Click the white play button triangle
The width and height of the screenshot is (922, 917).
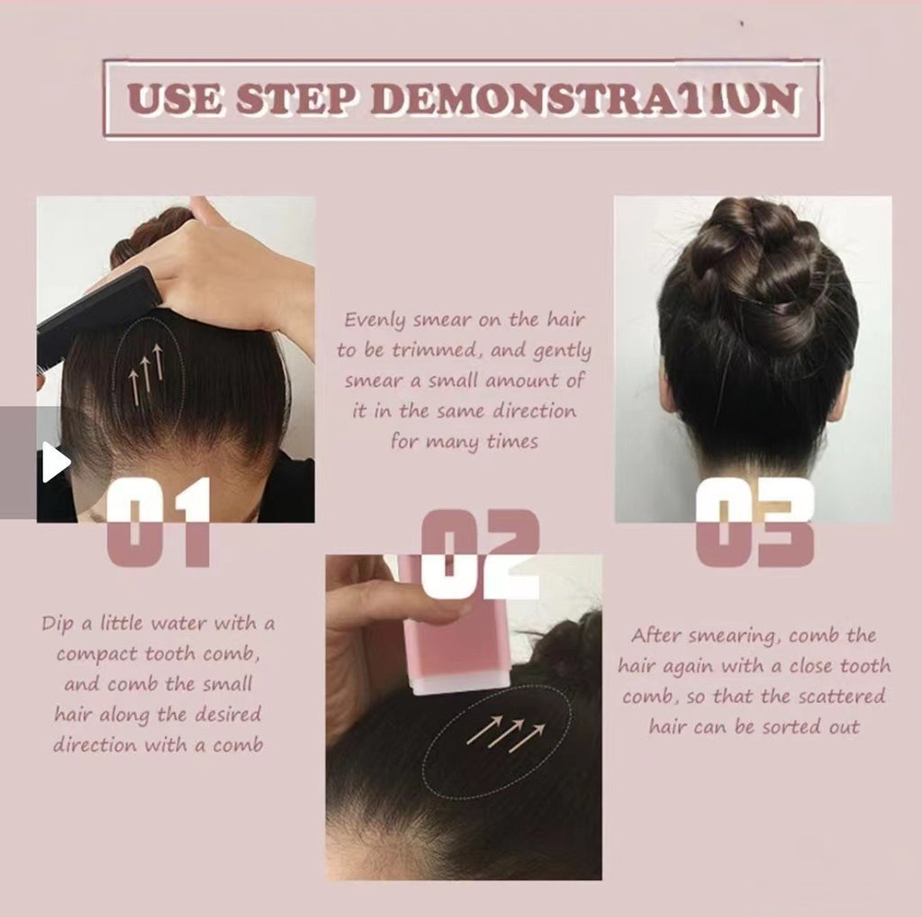54,462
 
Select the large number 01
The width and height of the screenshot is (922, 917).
158,521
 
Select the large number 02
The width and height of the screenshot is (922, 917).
480,553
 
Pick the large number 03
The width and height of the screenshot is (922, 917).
755,522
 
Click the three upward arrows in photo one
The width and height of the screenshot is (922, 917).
146,372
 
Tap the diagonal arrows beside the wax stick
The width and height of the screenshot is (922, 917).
506,733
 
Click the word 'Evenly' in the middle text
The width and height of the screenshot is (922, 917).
375,320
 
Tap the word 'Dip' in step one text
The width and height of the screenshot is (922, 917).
58,623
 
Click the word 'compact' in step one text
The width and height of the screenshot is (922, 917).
96,654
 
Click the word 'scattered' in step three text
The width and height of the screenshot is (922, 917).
843,697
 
